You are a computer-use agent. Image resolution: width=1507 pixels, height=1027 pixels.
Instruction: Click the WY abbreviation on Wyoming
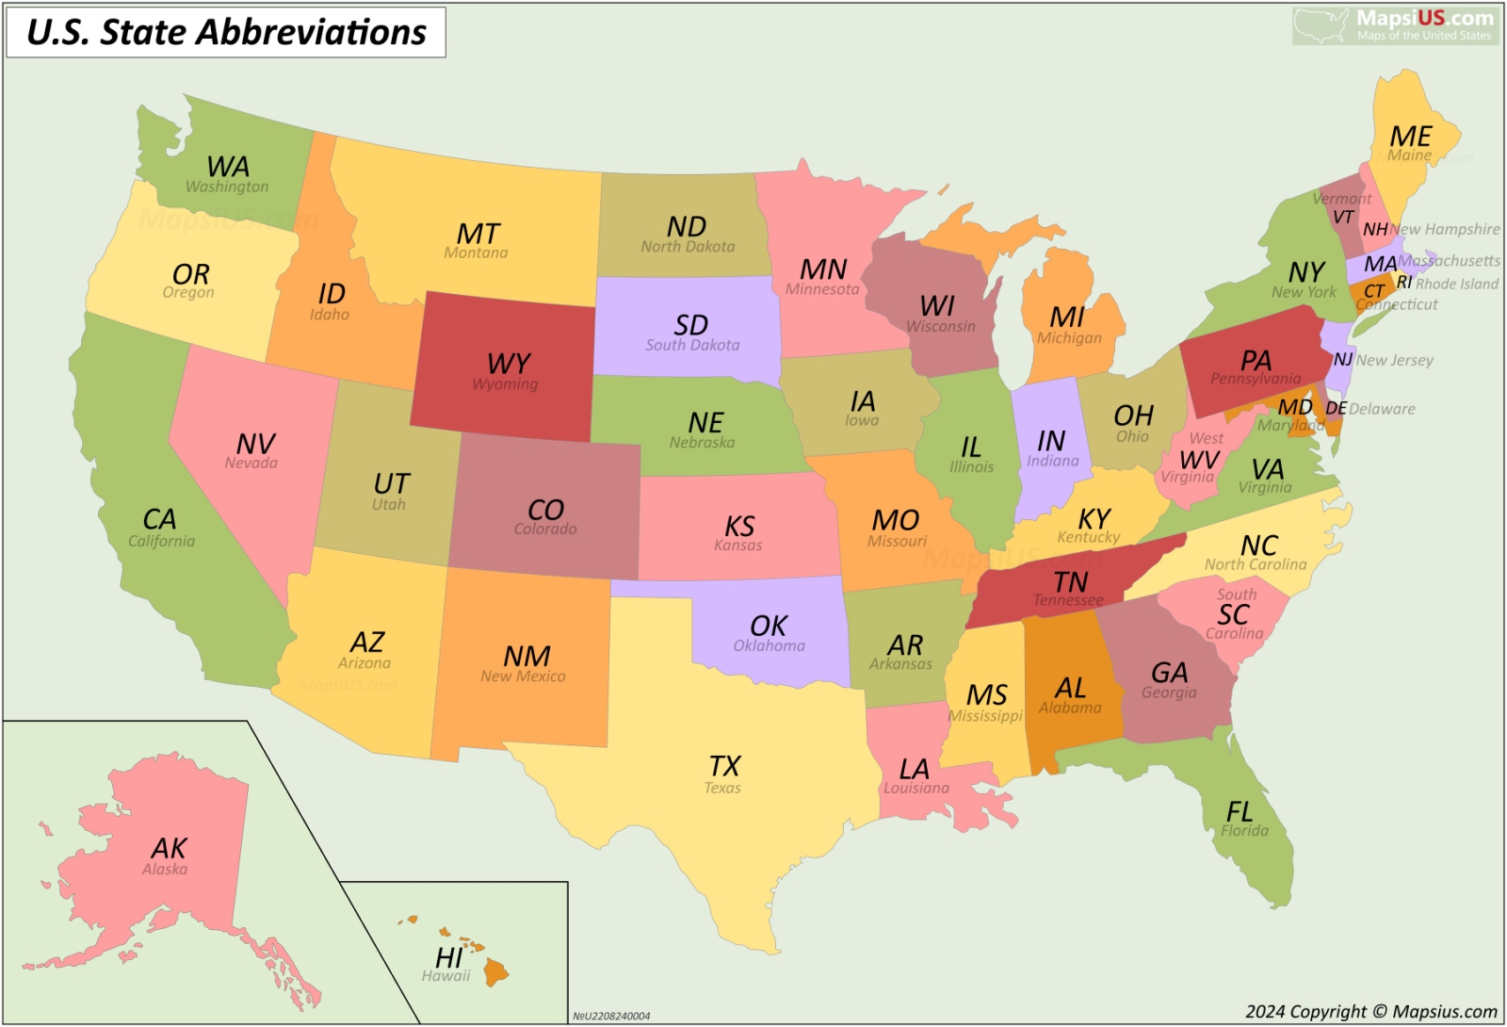pos(509,364)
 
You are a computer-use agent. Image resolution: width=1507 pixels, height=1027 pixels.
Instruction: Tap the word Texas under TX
pos(722,789)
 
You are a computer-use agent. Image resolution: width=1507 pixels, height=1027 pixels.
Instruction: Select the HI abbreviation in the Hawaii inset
pos(449,957)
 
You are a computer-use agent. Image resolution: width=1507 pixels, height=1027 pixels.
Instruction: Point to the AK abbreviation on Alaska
pos(169,848)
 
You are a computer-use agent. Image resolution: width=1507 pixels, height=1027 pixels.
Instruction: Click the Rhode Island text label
pos(1456,284)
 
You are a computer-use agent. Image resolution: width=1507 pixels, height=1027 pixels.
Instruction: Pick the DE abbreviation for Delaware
pos(1336,408)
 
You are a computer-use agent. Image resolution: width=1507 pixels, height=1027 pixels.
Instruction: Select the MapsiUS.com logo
pos(1396,24)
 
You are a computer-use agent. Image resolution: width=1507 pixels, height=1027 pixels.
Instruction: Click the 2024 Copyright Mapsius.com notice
pos(1370,1012)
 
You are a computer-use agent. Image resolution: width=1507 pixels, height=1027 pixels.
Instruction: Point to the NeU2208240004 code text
pos(611,1017)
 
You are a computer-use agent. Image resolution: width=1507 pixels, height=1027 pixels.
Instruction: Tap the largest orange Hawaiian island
pos(495,971)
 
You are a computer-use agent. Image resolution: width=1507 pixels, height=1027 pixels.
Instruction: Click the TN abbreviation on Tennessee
pos(1070,582)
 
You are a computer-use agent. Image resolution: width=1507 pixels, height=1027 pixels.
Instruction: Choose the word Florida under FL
pos(1244,831)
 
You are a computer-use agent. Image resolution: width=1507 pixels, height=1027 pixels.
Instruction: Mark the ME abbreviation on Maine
pos(1410,137)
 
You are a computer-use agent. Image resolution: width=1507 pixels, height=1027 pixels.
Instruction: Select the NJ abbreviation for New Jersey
pos(1342,359)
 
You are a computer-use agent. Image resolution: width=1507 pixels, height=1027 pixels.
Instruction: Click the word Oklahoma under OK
pos(769,646)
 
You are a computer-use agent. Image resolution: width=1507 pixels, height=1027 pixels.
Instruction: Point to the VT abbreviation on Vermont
pos(1343,218)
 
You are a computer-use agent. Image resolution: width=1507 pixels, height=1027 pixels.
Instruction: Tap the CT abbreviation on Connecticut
pos(1374,291)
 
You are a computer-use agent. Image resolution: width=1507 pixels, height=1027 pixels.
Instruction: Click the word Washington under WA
pos(227,187)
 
